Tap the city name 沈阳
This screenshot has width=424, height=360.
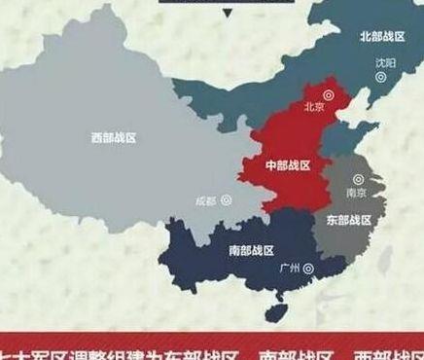[x=386, y=63]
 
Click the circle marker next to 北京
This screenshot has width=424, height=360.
[x=328, y=96]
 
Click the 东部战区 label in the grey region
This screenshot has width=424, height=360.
[x=349, y=220]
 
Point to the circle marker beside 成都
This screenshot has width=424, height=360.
[x=227, y=199]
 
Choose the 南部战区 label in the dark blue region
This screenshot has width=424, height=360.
[x=251, y=251]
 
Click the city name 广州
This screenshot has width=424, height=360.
[x=289, y=268]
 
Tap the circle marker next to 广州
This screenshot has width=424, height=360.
[x=308, y=267]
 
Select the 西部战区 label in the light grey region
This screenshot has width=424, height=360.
[x=113, y=138]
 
